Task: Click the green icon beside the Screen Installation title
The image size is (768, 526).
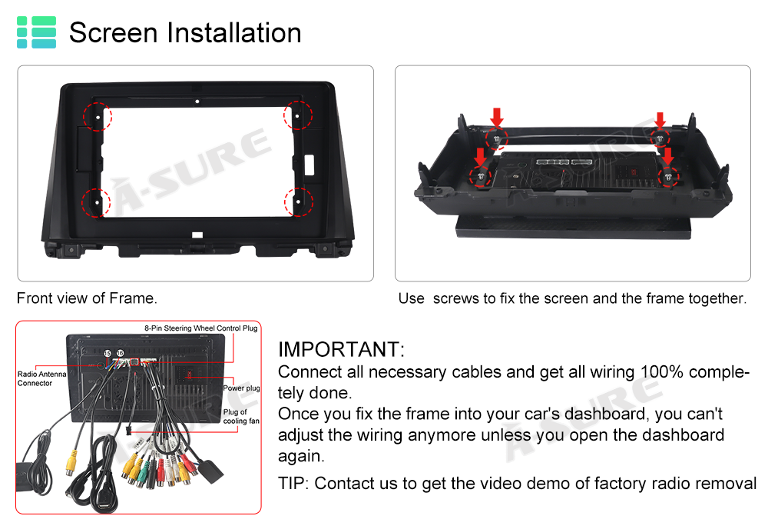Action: click(36, 32)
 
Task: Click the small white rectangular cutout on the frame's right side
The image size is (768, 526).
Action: click(310, 165)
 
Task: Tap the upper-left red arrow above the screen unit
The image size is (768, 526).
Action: click(497, 118)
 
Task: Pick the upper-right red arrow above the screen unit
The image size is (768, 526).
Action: click(660, 121)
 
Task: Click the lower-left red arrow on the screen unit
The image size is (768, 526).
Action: click(480, 158)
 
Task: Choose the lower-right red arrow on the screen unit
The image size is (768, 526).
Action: click(668, 156)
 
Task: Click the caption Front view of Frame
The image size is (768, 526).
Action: click(87, 298)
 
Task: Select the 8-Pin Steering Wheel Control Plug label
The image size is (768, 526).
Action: click(200, 328)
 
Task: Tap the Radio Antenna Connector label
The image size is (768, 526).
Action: click(41, 378)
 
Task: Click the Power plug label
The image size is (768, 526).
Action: click(241, 388)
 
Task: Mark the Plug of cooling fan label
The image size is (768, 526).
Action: click(241, 416)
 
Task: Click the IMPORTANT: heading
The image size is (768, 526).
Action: click(342, 350)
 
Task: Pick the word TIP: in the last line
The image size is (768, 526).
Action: click(293, 484)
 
